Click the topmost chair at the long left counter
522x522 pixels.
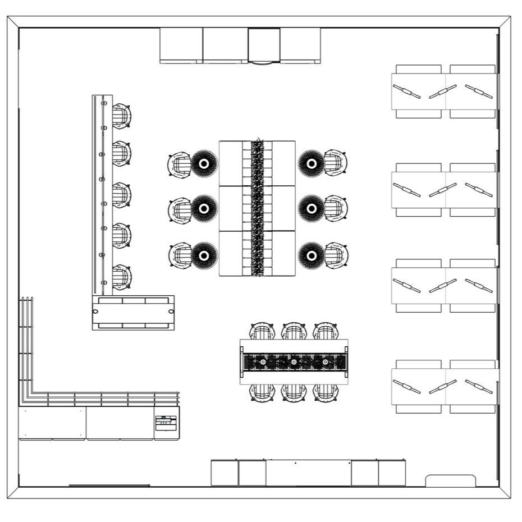pos(121,116)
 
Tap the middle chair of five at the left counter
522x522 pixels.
pos(121,195)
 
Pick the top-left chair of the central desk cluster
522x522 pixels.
pos(180,164)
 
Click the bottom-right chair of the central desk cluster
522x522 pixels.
pos(336,255)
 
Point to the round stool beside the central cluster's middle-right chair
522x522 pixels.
pos(310,209)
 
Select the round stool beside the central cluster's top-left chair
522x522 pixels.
pos(204,163)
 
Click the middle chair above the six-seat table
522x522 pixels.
pos(293,331)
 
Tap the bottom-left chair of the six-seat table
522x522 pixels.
pos(262,392)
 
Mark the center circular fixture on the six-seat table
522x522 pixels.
pos(294,363)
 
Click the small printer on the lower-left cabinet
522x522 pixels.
pos(166,423)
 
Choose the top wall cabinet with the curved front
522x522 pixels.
pos(264,46)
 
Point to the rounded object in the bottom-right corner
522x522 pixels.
pos(451,481)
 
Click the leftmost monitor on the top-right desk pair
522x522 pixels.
pos(407,91)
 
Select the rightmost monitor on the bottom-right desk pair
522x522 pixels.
pos(479,387)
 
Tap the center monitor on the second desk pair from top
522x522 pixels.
pos(443,190)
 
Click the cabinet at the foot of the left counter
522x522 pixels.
pos(134,312)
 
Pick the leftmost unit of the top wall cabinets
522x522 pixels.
pos(181,45)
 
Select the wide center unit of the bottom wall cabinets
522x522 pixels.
pos(308,473)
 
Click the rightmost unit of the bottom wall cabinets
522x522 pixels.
pos(392,473)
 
